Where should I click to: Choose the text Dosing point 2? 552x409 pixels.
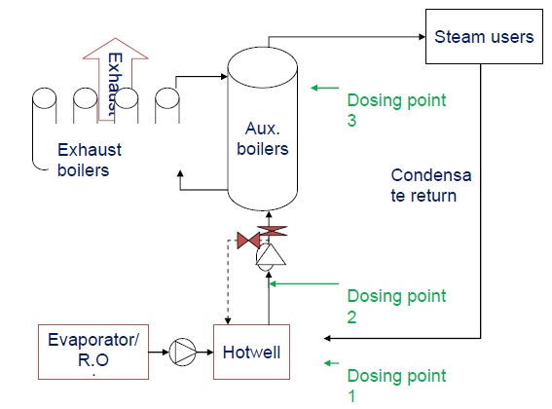click(x=397, y=305)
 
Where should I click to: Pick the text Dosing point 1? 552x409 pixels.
click(x=397, y=386)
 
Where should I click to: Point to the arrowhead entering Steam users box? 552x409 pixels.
click(x=420, y=37)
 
